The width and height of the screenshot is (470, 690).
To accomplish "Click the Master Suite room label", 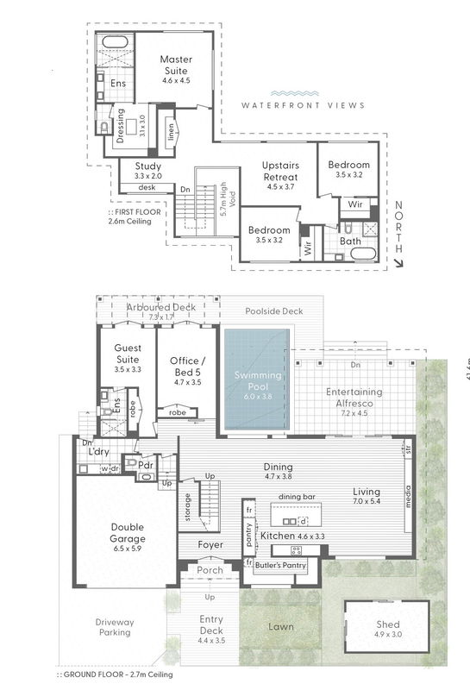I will coord(175,65).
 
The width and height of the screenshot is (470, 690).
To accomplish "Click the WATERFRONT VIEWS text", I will coord(303,105).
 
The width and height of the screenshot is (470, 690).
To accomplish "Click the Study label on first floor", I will coord(148,167).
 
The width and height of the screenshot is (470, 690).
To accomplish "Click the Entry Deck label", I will coord(210,624).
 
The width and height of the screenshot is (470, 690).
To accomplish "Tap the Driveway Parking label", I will coord(114,626).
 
